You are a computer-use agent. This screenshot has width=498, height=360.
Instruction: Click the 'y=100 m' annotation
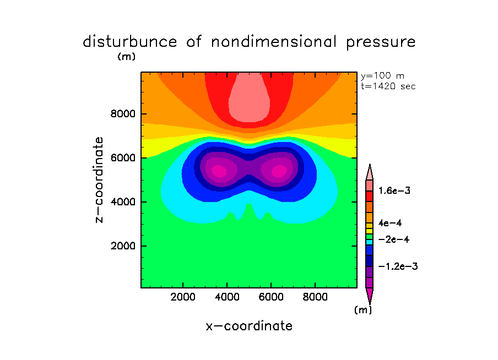coord(383,76)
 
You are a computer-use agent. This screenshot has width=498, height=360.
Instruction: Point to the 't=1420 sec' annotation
coord(388,86)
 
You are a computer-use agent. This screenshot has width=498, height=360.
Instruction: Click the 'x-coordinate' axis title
coord(249,326)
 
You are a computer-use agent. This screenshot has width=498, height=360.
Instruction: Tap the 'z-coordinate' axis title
coord(100,180)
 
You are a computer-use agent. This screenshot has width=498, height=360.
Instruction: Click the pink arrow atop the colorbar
coord(369,172)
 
